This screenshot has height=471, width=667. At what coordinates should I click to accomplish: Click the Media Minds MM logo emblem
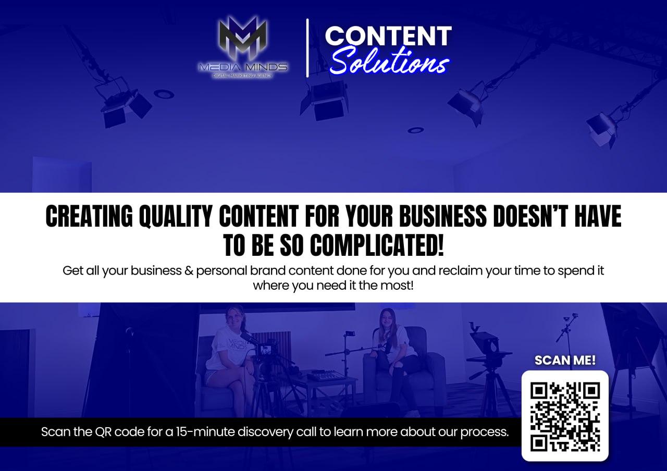243,40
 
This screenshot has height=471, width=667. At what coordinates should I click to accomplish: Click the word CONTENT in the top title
388,36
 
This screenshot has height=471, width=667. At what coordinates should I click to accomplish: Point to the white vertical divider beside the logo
307,48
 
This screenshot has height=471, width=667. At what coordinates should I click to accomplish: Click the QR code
565,417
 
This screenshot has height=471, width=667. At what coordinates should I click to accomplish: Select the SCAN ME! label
565,360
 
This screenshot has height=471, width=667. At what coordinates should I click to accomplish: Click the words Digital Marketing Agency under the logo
243,76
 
